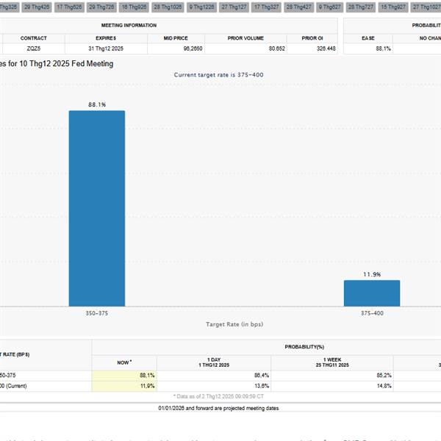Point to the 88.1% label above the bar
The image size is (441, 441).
pos(97,105)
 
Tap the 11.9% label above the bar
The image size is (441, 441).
pos(372,274)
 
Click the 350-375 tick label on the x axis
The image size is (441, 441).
pos(97,312)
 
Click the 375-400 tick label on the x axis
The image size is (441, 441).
pos(372,312)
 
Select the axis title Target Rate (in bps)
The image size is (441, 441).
pos(234,323)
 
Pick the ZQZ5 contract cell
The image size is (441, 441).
pos(34,49)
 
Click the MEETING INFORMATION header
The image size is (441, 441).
pos(129,25)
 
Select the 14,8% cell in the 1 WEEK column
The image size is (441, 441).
pos(381,385)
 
